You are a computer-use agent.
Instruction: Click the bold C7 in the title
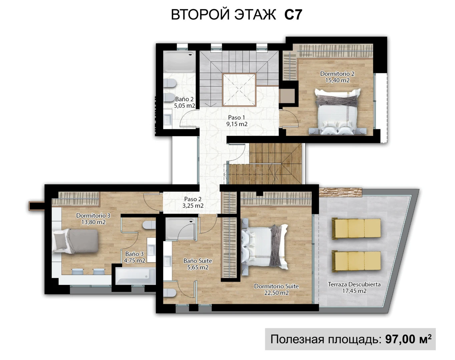(293, 15)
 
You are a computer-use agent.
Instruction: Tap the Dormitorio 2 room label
(337, 74)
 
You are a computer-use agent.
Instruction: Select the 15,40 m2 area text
(337, 80)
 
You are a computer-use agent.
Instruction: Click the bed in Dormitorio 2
(337, 111)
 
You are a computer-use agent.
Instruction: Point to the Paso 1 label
(237, 117)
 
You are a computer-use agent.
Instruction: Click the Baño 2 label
(184, 99)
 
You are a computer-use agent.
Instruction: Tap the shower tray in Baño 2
(179, 62)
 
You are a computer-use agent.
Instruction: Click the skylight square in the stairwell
(239, 90)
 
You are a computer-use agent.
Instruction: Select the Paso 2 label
(193, 199)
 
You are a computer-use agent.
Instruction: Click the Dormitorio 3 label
(93, 215)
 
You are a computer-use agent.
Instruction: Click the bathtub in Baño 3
(135, 276)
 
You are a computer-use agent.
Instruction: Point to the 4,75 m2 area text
(134, 261)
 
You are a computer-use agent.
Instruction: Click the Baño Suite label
(198, 261)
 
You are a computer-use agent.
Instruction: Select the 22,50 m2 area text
(276, 293)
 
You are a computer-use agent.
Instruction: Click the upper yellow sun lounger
(356, 228)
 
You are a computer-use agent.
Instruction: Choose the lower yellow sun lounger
(356, 261)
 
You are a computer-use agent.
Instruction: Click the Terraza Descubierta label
(354, 284)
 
